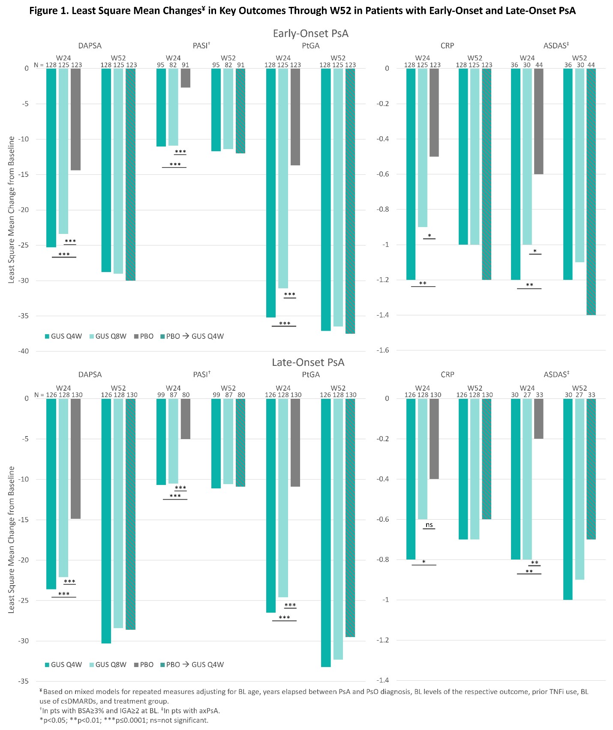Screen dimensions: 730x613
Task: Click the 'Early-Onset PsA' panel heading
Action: click(310, 33)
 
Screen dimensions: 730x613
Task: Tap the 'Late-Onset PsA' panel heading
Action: click(308, 362)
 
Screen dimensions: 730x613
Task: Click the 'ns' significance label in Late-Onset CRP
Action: click(429, 525)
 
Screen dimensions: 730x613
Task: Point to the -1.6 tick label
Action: click(382, 350)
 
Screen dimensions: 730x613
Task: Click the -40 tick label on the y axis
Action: click(23, 351)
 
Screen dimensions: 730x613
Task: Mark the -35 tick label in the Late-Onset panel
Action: click(23, 681)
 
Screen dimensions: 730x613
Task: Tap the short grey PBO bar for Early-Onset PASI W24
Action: click(185, 78)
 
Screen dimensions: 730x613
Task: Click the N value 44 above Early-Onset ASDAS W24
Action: click(539, 65)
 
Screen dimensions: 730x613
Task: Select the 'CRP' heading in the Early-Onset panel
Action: click(447, 46)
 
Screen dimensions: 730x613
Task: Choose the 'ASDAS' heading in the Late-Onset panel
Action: click(556, 375)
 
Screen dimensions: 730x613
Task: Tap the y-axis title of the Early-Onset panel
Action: click(12, 209)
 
